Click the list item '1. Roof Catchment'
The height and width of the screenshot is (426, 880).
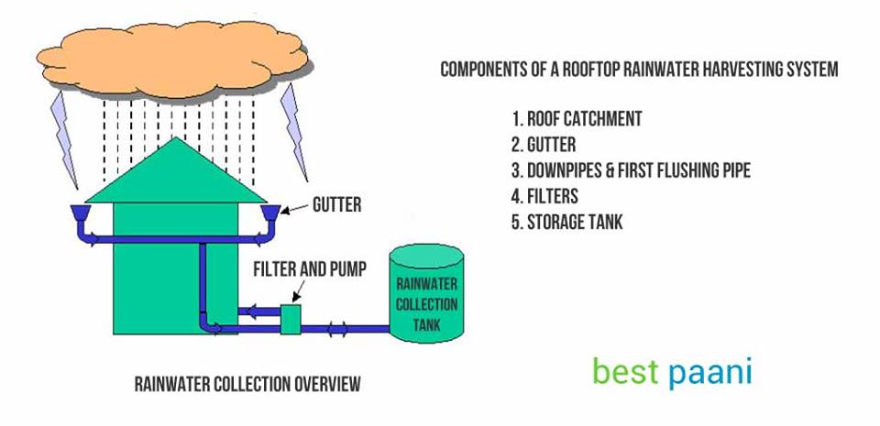(x=577, y=119)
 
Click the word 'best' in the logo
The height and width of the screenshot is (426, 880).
(x=624, y=371)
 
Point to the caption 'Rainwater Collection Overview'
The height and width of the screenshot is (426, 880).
(x=247, y=383)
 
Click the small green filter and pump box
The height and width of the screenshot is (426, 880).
(x=291, y=318)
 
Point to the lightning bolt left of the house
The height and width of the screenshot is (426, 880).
(x=65, y=128)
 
